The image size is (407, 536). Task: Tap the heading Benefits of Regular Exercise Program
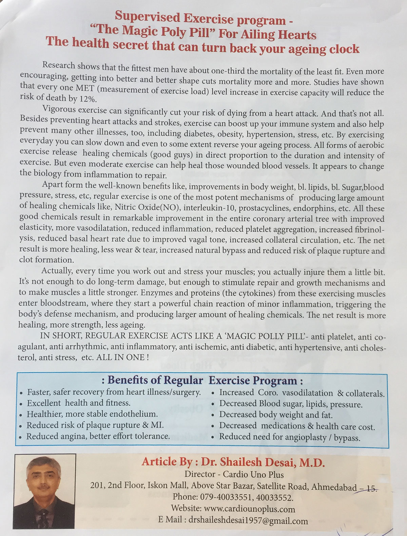point(202,380)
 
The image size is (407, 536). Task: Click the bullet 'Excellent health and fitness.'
point(79,403)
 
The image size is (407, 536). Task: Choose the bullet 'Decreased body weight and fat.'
point(276,415)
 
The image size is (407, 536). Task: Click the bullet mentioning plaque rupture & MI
point(95,425)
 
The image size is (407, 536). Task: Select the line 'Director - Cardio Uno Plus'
point(234,474)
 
